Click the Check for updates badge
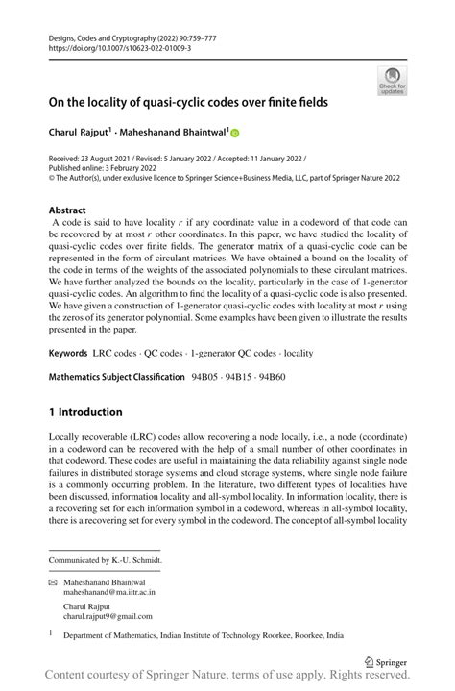(x=394, y=82)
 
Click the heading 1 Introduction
(x=85, y=412)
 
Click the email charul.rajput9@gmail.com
(x=108, y=617)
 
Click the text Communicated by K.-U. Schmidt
(x=106, y=559)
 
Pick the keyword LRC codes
(x=118, y=328)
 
